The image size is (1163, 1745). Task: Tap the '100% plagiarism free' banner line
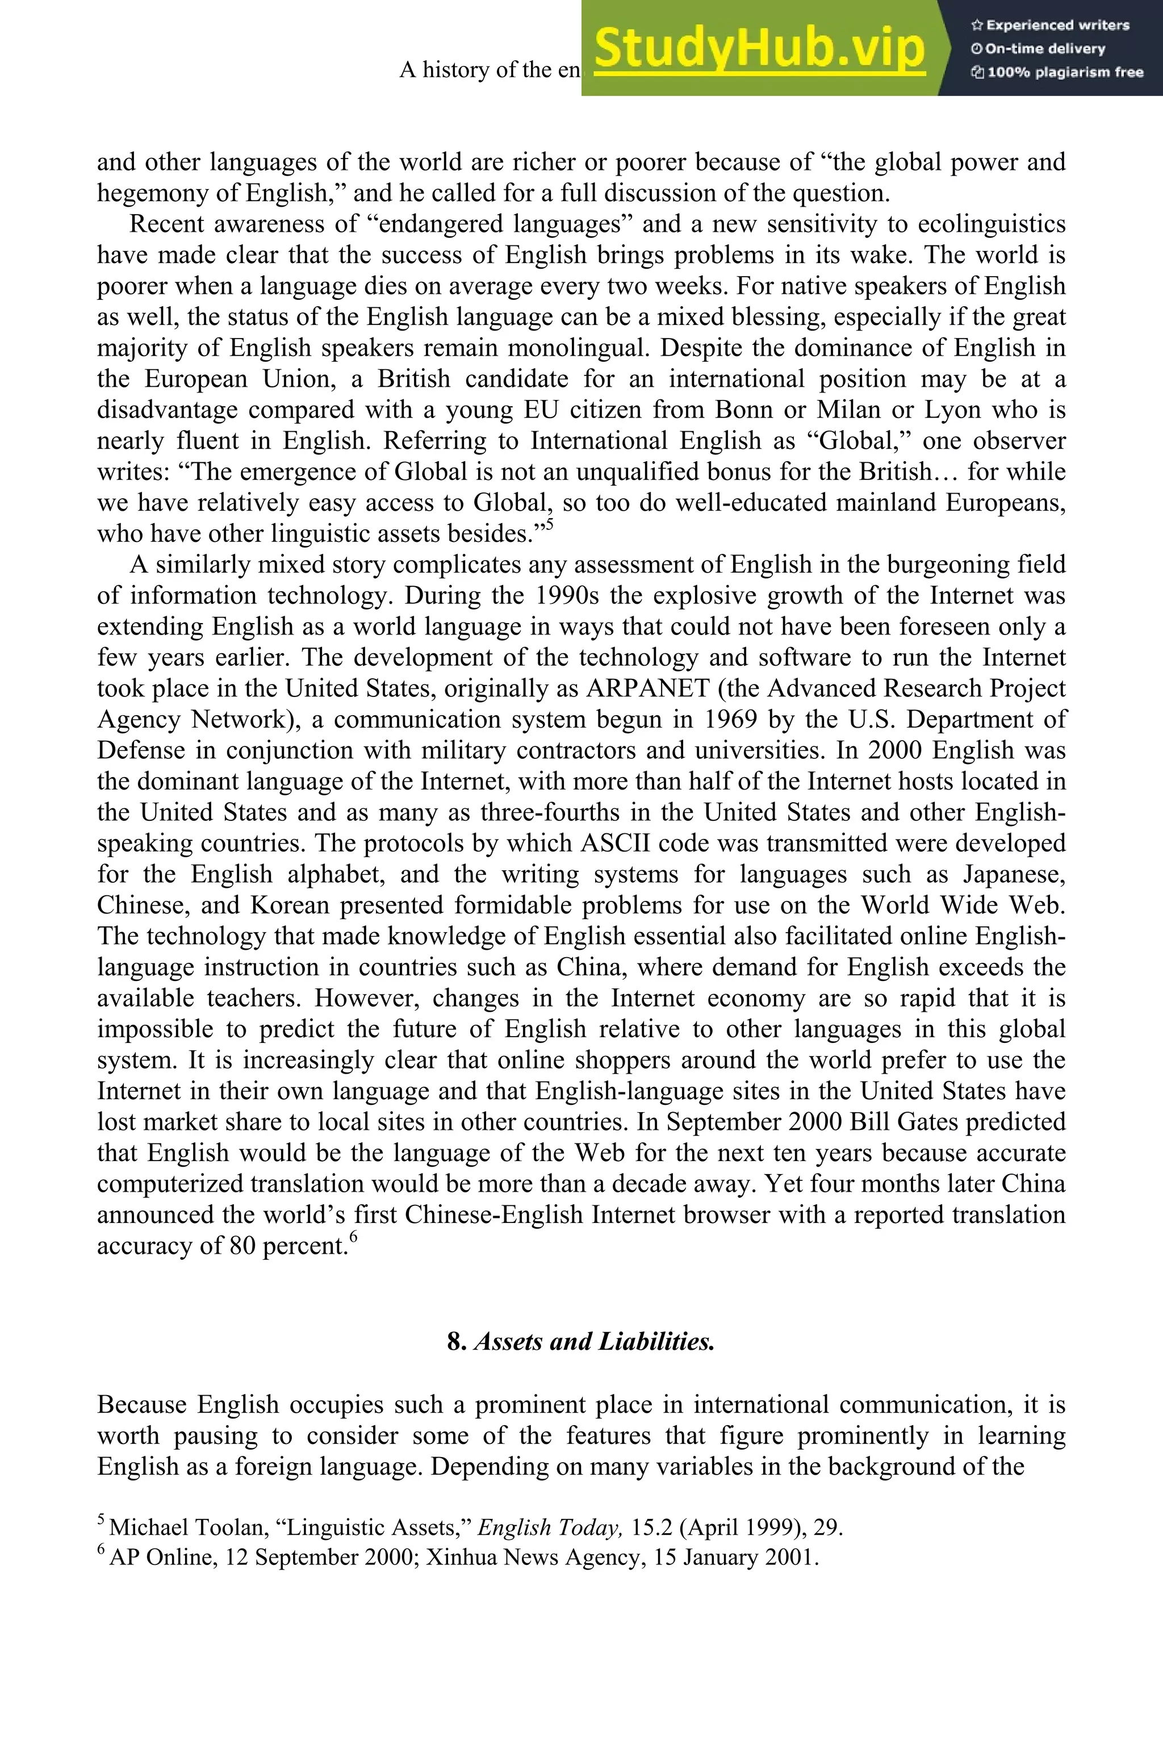(1057, 73)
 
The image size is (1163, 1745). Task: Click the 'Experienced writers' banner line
(1049, 25)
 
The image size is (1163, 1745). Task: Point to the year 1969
(731, 720)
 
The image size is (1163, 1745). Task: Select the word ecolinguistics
(992, 224)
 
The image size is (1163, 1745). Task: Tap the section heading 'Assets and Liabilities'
(593, 1341)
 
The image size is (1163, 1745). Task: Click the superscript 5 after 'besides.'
(550, 525)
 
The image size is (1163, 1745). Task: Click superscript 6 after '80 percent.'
(354, 1236)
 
